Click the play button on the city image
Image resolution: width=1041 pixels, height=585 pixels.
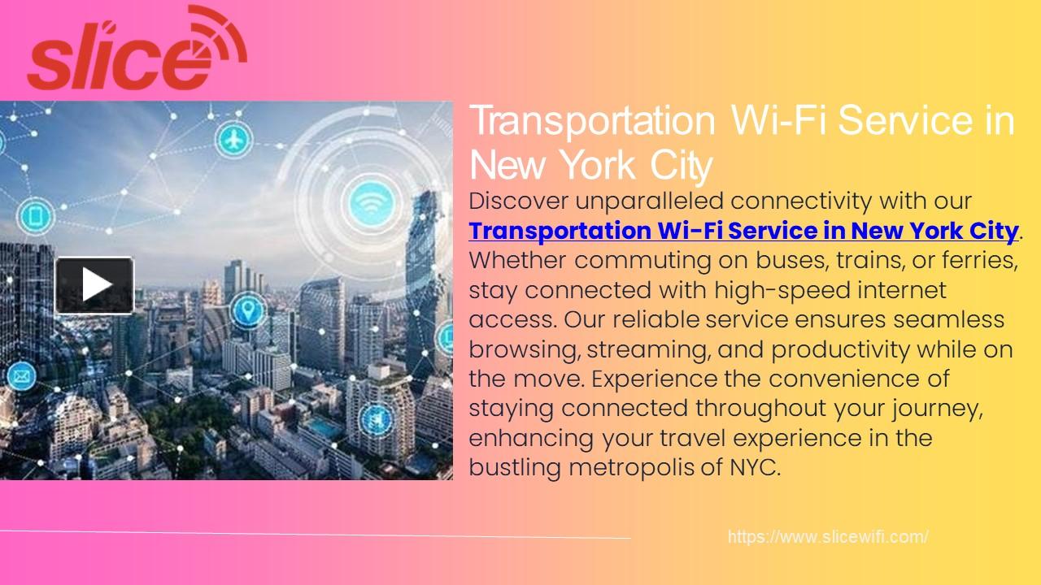[x=94, y=285]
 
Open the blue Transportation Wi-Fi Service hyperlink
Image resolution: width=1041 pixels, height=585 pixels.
[x=743, y=231]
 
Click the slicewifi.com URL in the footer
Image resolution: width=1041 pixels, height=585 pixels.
[x=828, y=537]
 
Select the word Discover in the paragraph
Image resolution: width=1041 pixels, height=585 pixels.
[x=519, y=201]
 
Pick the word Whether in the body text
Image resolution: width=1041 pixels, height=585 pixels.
[x=519, y=261]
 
